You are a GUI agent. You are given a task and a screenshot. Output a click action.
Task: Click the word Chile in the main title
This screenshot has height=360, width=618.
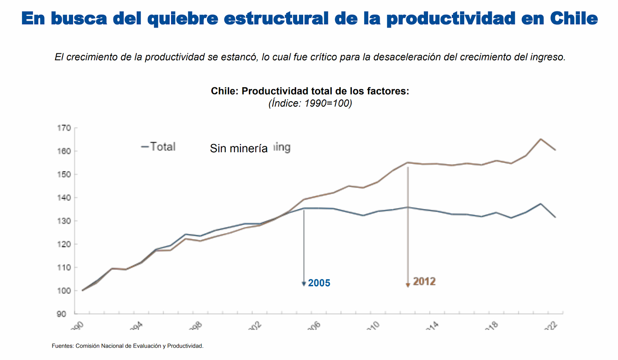click(574, 18)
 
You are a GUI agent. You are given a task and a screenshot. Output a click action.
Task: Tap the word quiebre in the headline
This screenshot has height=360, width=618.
click(182, 18)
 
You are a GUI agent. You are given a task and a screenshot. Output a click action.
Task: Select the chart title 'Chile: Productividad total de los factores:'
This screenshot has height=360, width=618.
click(310, 91)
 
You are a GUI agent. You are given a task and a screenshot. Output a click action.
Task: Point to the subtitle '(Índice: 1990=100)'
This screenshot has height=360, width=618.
click(310, 104)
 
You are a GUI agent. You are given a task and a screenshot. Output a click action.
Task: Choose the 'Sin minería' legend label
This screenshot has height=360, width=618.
click(239, 148)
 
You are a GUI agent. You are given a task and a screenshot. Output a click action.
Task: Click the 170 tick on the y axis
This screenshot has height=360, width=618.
click(64, 128)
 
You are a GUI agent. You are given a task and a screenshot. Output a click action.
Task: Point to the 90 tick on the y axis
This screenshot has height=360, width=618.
click(61, 314)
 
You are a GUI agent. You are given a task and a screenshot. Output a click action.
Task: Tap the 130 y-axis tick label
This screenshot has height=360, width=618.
click(64, 221)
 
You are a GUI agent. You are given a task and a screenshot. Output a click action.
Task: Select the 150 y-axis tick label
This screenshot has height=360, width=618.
click(64, 175)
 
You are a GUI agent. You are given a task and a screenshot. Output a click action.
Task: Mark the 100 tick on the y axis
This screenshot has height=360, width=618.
click(64, 291)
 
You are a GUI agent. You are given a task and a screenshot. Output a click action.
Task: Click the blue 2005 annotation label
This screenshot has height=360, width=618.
click(319, 283)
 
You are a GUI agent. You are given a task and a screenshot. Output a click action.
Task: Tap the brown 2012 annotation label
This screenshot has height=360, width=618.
click(424, 282)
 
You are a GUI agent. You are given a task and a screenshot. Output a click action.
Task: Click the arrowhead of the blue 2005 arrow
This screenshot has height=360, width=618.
click(304, 284)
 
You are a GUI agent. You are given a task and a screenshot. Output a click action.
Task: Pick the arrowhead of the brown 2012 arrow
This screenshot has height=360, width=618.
click(407, 285)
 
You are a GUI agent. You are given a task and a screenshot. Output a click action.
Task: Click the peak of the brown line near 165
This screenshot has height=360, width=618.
click(540, 139)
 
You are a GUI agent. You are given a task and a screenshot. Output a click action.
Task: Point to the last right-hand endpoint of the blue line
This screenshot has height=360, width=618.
click(555, 217)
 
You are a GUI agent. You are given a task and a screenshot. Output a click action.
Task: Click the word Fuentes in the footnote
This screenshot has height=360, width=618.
click(62, 346)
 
